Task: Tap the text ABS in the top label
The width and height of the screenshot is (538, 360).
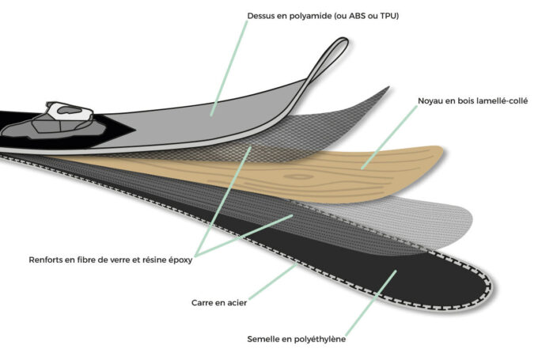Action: (x=358, y=16)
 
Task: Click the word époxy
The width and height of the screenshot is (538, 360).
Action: (x=180, y=260)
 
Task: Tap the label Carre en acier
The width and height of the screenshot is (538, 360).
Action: (x=219, y=303)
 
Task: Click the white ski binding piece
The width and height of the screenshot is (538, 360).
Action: (x=70, y=111)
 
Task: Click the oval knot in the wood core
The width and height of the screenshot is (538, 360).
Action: (x=298, y=176)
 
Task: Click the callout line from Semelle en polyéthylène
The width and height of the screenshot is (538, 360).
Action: (x=371, y=303)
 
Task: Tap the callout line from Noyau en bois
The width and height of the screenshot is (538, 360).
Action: (x=389, y=137)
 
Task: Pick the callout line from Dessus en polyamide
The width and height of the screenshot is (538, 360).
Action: (x=229, y=68)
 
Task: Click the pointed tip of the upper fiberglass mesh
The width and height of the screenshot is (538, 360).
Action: (x=388, y=88)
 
